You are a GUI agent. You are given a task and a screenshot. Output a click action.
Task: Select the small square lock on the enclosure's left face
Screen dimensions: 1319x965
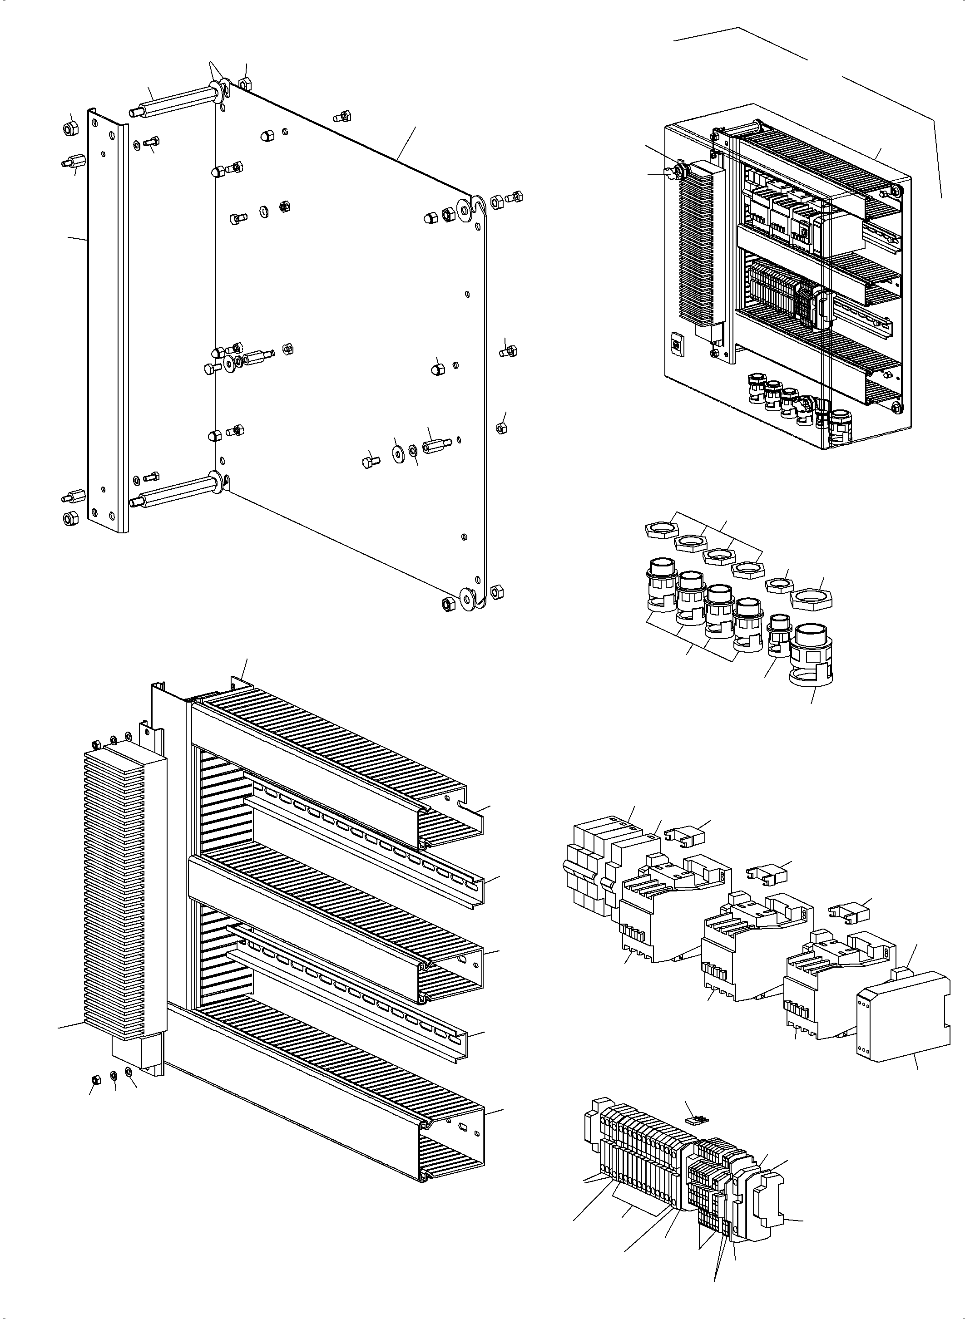(677, 344)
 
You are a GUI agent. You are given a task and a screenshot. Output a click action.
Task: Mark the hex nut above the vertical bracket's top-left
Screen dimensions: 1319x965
(69, 127)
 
